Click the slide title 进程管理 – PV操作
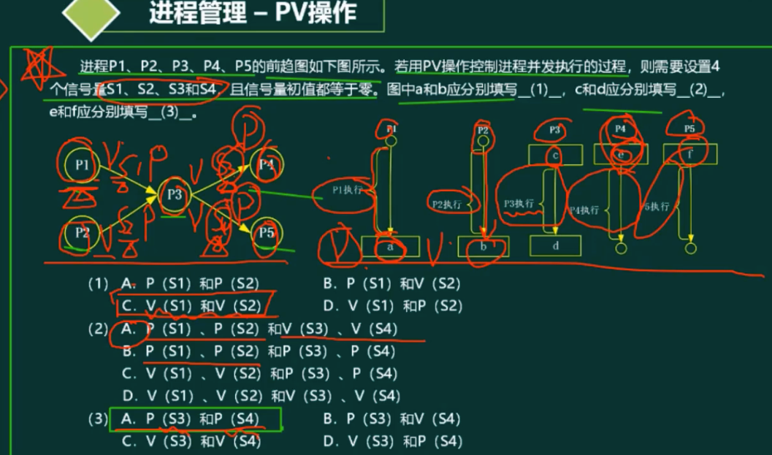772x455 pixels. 253,14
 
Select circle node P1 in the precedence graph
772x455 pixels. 82,165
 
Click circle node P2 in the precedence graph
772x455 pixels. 82,234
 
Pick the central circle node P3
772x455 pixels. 174,194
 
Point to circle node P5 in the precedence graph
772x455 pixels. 265,233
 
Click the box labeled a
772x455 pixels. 390,246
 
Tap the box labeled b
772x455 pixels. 484,247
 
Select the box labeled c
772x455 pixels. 556,155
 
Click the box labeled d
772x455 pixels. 556,246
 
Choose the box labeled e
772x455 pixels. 621,154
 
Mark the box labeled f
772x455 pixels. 689,154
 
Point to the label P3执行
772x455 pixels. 519,203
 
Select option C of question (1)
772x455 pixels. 191,305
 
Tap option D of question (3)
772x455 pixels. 393,441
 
